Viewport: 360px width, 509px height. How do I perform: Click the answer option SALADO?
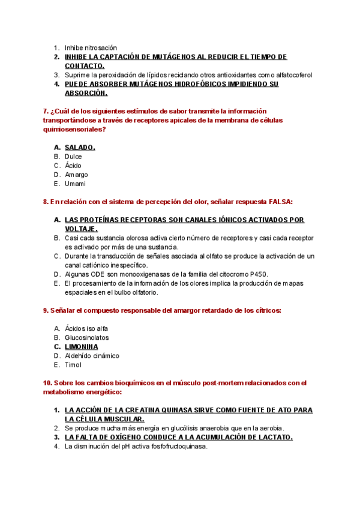80,147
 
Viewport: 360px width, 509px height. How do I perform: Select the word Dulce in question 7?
73,156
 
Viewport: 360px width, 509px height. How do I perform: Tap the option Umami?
75,184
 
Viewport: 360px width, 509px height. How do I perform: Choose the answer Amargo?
76,175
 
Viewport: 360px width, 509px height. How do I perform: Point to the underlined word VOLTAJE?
81,229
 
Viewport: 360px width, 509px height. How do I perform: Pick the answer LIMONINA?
81,346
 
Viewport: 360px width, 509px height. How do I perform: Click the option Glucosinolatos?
86,337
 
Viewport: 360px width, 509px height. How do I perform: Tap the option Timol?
73,364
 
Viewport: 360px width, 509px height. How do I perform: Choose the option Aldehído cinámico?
92,355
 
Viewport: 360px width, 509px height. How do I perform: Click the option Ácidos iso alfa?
86,328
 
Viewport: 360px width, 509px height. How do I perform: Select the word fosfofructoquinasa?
177,446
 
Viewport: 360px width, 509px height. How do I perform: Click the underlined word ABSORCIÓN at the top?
86,93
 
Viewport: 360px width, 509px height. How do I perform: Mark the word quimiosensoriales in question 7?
70,129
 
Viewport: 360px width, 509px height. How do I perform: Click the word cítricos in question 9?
268,310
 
